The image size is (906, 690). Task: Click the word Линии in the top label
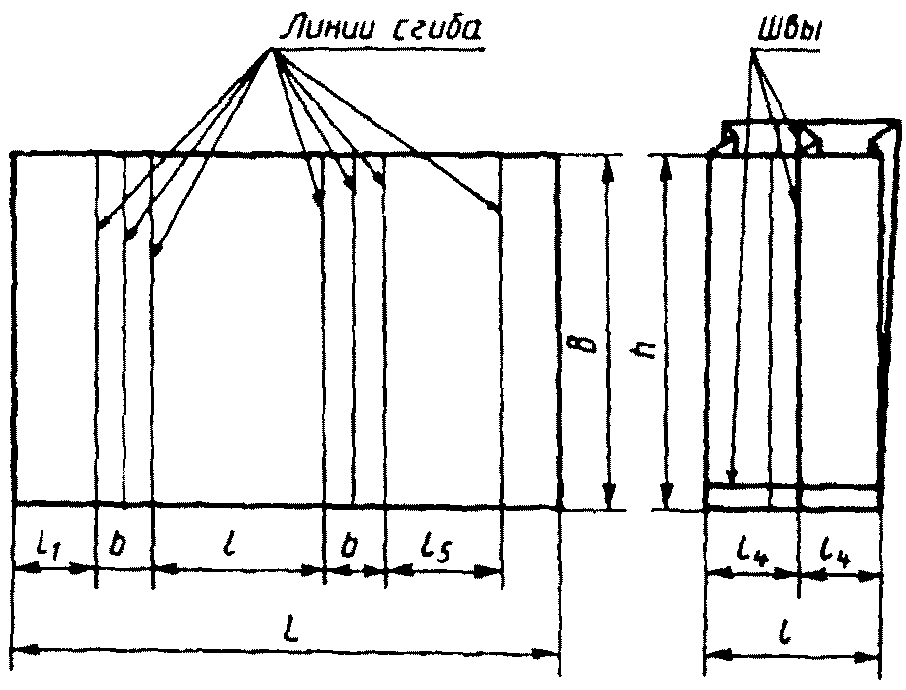320,30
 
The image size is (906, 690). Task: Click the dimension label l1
47,546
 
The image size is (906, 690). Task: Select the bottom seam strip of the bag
793,498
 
